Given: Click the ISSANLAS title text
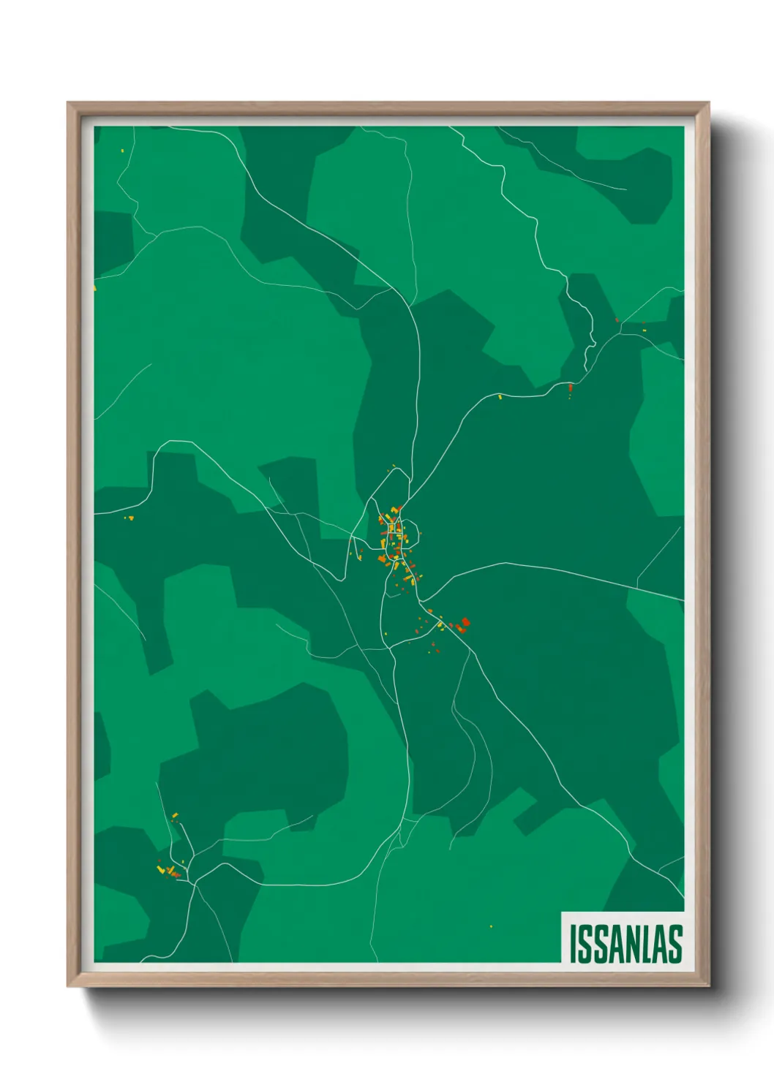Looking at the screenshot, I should [x=625, y=944].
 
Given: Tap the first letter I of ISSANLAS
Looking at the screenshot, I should [x=573, y=944].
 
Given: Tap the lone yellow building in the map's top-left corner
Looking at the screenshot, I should [x=122, y=151].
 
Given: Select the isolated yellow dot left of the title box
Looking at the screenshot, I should [x=491, y=926].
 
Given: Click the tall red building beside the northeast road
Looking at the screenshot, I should [x=570, y=387].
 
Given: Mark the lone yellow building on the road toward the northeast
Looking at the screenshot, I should [x=500, y=397].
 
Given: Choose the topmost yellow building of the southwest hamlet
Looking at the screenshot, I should [x=175, y=815].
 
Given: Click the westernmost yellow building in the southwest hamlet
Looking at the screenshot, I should [x=160, y=869].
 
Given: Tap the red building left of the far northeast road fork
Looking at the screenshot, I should [x=617, y=320].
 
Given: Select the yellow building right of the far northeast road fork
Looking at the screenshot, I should [x=645, y=330].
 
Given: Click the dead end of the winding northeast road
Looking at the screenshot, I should [x=585, y=369].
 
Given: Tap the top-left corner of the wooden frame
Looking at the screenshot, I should [x=68, y=103].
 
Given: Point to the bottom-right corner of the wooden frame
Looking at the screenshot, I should [x=708, y=986].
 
